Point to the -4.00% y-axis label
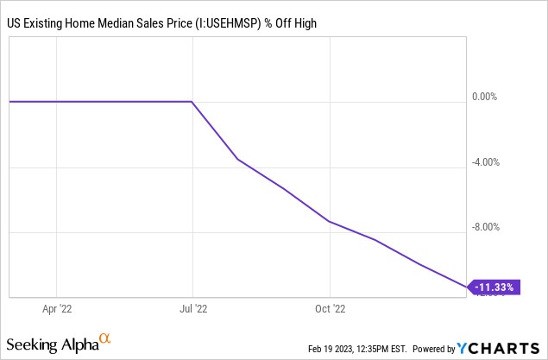pos(483,161)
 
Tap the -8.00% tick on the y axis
pos(483,227)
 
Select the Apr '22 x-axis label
pos(56,306)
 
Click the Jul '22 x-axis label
pos(192,306)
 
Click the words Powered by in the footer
pos(433,349)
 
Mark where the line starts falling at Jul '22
pos(192,102)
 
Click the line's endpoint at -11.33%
pos(467,286)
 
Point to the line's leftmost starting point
pos(9,102)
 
